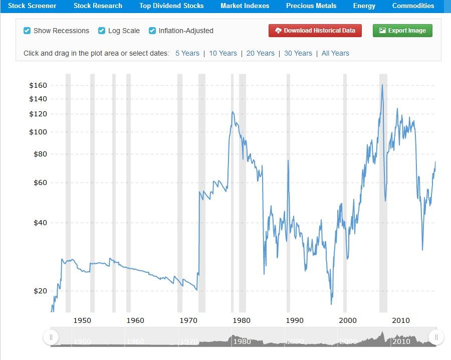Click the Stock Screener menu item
click(x=32, y=6)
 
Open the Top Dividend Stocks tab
click(x=171, y=6)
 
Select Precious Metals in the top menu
click(x=311, y=6)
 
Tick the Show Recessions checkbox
click(x=28, y=31)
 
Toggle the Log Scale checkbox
click(x=102, y=31)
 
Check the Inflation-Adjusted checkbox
click(x=152, y=31)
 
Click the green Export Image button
click(x=402, y=31)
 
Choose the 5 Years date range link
click(x=187, y=53)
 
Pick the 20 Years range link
click(x=261, y=53)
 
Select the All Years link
click(x=335, y=53)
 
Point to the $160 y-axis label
click(x=38, y=86)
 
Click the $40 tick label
click(x=40, y=223)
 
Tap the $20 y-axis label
click(x=40, y=291)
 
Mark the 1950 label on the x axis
click(x=83, y=320)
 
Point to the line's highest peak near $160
click(x=382, y=85)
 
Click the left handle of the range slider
click(x=51, y=337)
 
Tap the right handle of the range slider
click(x=436, y=337)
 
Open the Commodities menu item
click(x=413, y=6)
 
